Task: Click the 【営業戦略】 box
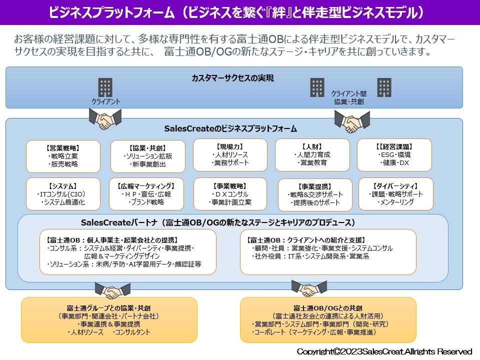[x=63, y=156]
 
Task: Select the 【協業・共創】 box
[x=147, y=156]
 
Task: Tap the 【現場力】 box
[x=230, y=154]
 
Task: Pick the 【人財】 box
[x=312, y=154]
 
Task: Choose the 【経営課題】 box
[x=394, y=154]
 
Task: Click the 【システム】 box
[x=63, y=194]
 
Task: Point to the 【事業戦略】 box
[x=230, y=193]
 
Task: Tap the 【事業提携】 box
[x=315, y=194]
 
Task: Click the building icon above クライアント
[x=105, y=87]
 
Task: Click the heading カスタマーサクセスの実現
[x=233, y=78]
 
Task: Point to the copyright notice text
[x=384, y=351]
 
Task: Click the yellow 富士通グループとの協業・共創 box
[x=109, y=320]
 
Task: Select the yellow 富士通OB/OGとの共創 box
[x=328, y=320]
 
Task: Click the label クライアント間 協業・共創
[x=349, y=97]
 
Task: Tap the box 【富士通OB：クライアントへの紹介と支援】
[x=328, y=251]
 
